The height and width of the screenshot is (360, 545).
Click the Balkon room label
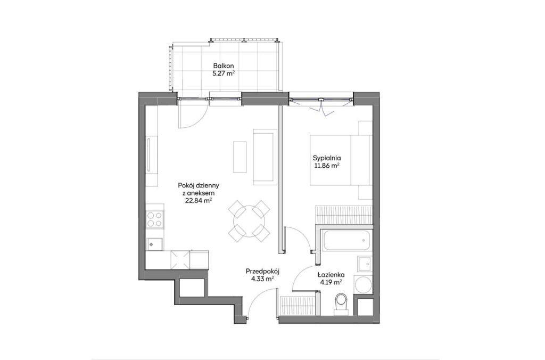click(224, 66)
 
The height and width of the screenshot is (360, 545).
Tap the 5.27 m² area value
click(224, 73)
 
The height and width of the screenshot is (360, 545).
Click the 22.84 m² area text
click(199, 201)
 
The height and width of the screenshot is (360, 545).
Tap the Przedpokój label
click(262, 271)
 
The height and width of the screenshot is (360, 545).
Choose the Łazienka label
click(331, 274)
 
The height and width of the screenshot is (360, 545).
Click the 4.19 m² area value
click(331, 282)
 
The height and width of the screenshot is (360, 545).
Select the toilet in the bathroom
click(341, 304)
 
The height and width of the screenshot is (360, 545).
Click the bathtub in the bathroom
click(346, 239)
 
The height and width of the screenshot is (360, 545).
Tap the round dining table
click(249, 222)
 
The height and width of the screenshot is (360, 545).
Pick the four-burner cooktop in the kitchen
click(155, 219)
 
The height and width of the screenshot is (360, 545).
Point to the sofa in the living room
click(265, 157)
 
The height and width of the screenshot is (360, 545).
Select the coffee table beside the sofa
click(239, 157)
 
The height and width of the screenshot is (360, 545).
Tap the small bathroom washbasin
click(365, 264)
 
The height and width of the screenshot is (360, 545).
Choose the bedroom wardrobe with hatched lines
click(344, 214)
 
